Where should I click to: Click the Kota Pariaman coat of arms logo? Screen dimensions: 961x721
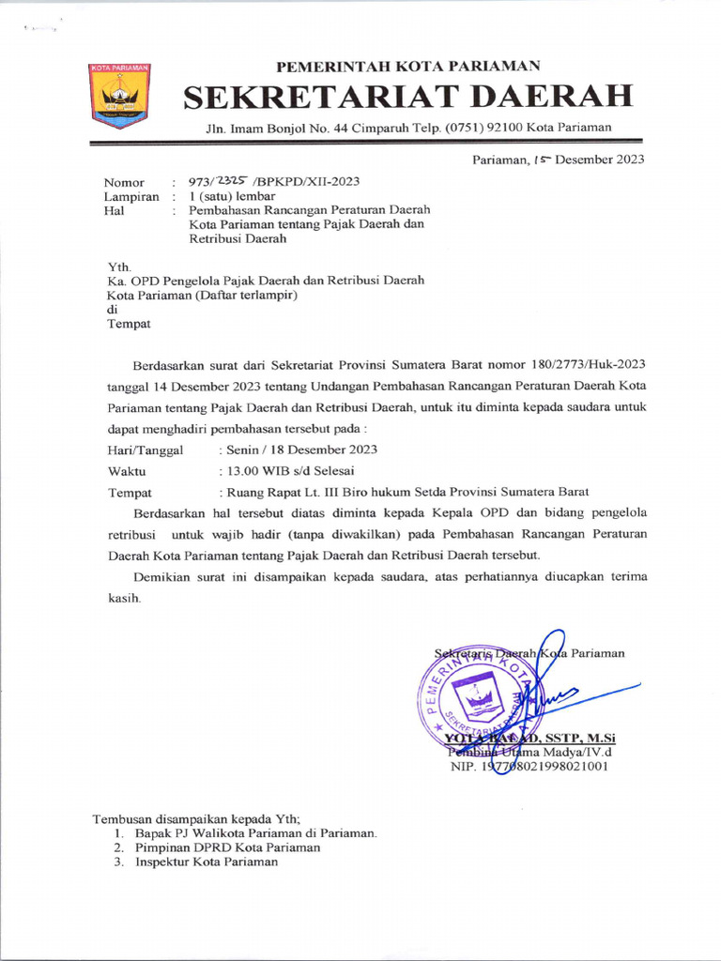click(119, 95)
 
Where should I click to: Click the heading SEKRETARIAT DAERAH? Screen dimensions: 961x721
click(407, 96)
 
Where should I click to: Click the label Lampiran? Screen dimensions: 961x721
click(130, 196)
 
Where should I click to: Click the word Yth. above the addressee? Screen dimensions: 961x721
click(120, 267)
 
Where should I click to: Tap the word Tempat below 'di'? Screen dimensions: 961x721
click(129, 324)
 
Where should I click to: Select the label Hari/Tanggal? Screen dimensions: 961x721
click(145, 450)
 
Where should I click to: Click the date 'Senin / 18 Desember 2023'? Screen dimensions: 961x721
click(298, 450)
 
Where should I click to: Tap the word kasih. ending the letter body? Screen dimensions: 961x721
click(124, 598)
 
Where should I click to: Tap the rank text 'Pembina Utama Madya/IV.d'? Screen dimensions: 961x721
click(530, 752)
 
